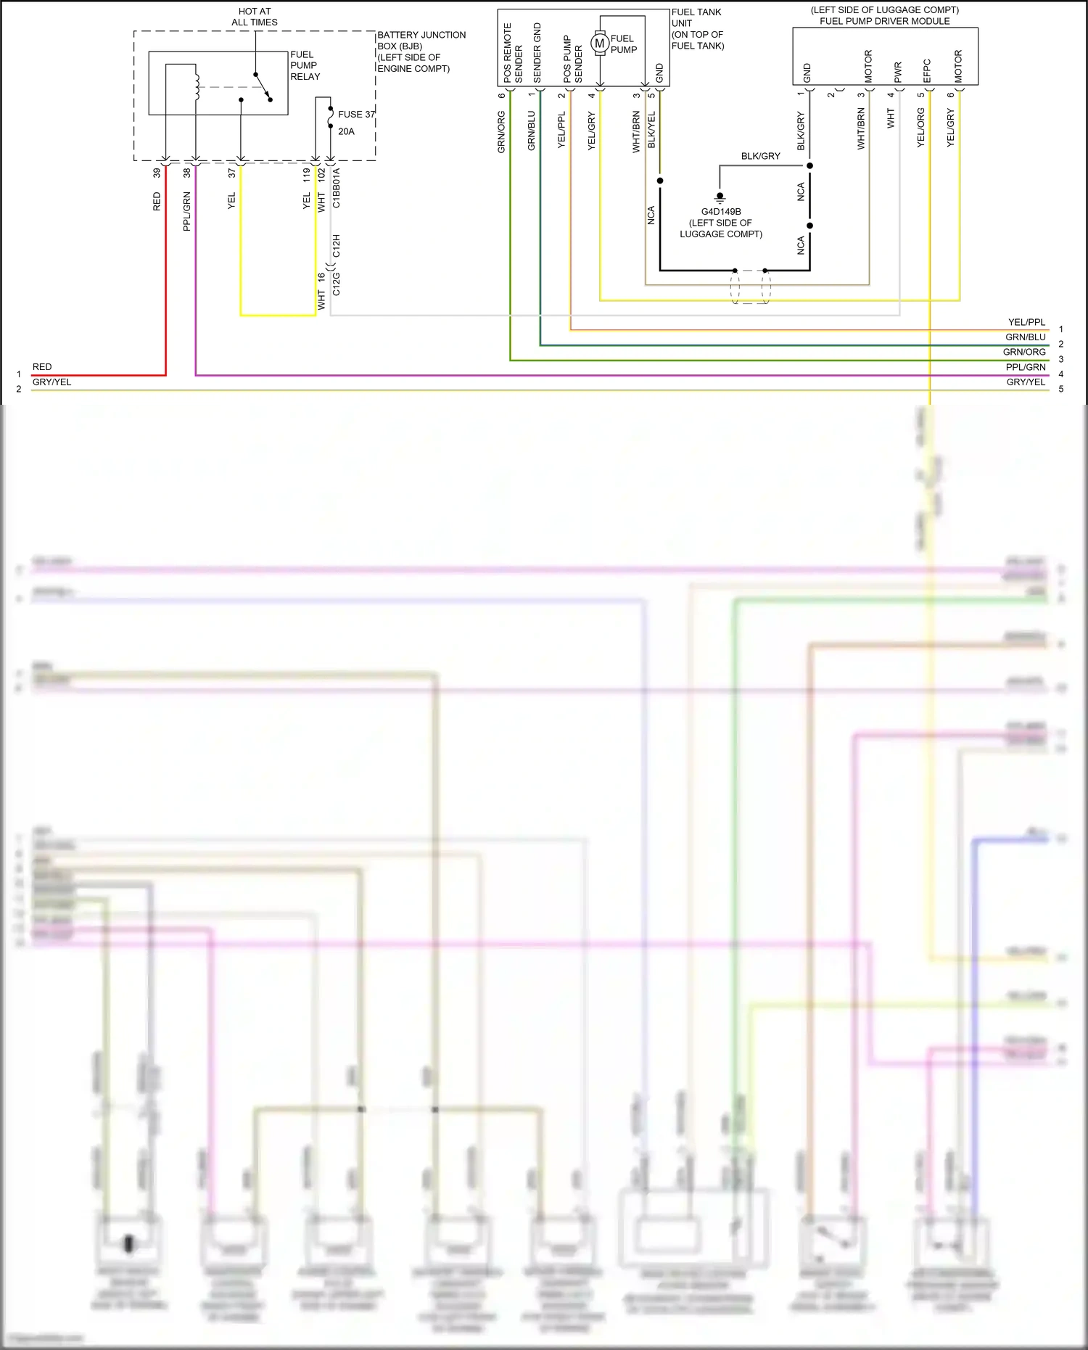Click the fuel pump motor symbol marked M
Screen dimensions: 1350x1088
point(599,44)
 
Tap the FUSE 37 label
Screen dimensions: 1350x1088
point(356,114)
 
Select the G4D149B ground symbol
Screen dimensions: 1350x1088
point(720,197)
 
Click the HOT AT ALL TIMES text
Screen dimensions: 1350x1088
point(255,17)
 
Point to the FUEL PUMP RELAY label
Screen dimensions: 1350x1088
point(305,65)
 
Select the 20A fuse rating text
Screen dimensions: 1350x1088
point(346,131)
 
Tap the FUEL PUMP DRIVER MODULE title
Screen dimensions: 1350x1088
point(884,21)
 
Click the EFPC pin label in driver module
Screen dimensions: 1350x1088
point(927,71)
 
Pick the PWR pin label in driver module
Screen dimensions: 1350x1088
point(897,72)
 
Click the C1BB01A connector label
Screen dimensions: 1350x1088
point(336,188)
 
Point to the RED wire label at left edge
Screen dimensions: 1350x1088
point(42,367)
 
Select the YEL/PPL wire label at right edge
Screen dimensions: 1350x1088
point(1026,322)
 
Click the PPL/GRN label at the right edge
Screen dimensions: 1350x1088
point(1026,367)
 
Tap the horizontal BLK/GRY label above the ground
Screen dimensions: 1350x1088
point(760,156)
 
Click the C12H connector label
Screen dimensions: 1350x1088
point(336,246)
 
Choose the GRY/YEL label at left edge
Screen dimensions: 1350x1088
point(51,382)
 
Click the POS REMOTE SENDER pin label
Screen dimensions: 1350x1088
point(513,53)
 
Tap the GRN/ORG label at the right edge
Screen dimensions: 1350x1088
point(1024,352)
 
